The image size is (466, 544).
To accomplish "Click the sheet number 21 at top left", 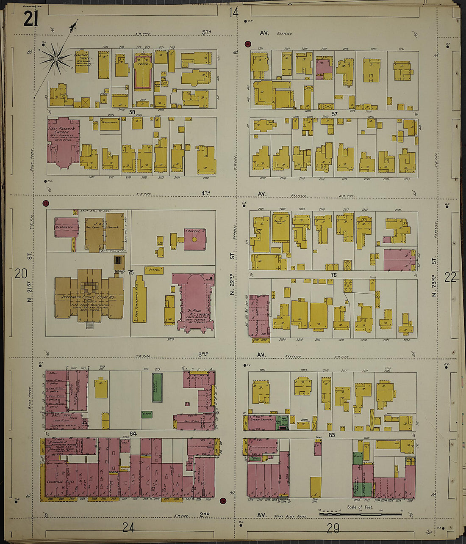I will pyautogui.click(x=31, y=19).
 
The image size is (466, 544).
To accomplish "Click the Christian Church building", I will pyautogui.click(x=81, y=61).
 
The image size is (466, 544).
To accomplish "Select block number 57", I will pyautogui.click(x=334, y=114).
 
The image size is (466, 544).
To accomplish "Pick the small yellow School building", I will pyautogui.click(x=154, y=269).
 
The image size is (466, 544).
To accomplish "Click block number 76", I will pyautogui.click(x=333, y=275).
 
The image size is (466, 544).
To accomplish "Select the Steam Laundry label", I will pyautogui.click(x=259, y=419).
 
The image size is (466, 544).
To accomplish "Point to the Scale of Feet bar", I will pyautogui.click(x=360, y=514).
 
